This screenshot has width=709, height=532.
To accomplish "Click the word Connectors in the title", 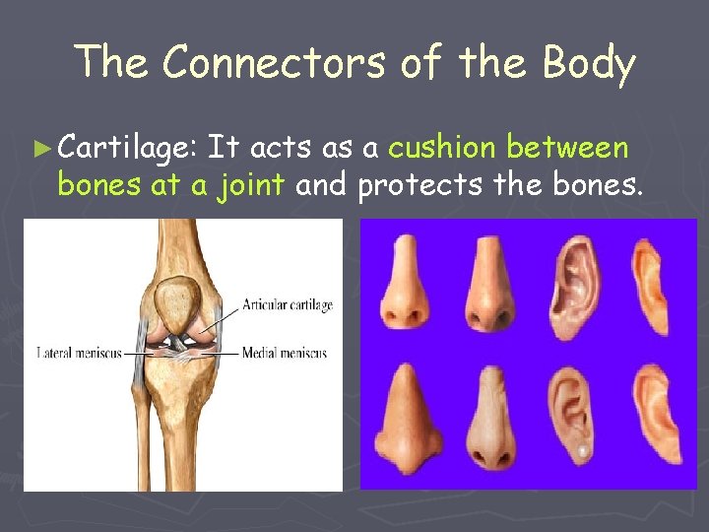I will pos(275,63).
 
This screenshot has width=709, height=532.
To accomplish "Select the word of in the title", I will pos(422,63).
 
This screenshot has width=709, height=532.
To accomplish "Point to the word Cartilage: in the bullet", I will pos(129,150).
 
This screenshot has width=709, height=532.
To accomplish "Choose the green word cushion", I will pos(442,149).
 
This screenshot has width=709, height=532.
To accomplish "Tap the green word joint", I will pos(251,184).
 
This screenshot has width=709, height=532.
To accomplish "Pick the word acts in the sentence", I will pos(284,149).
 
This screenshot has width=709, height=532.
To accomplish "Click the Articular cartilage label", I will pos(287,305).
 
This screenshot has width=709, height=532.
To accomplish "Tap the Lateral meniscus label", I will pos(79,353).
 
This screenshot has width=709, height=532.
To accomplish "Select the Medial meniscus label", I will pos(286,353).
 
